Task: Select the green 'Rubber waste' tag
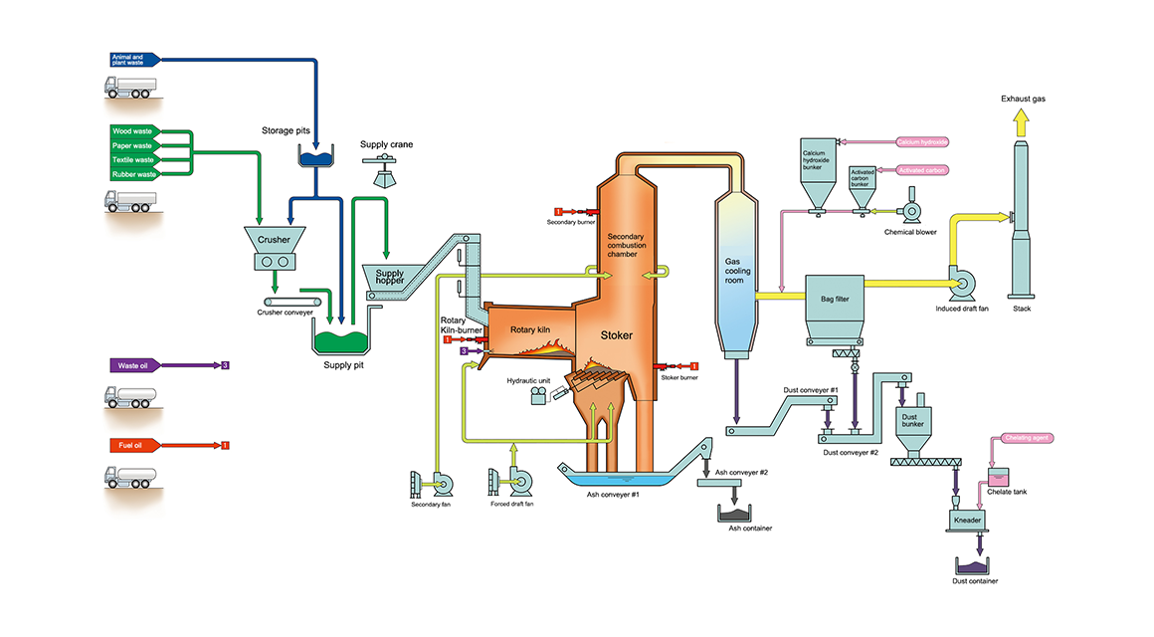coord(133,174)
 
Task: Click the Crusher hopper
coord(275,240)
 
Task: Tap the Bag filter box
coord(834,297)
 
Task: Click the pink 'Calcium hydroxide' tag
coord(923,142)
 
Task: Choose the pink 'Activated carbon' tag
coord(922,170)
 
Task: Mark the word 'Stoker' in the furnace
coord(616,335)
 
